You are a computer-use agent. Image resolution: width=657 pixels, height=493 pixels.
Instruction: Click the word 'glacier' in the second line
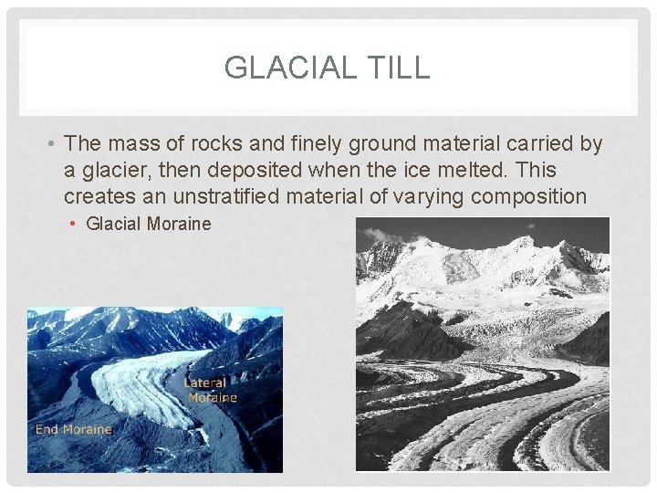pos(110,170)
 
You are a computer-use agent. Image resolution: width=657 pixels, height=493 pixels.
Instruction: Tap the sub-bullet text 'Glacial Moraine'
pos(148,224)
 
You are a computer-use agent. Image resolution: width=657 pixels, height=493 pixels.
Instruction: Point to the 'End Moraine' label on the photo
pos(73,429)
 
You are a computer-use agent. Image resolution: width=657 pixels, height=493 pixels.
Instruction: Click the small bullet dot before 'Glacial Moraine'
pos(75,225)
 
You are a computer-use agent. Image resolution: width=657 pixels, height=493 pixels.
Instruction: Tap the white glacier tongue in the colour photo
pos(137,383)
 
